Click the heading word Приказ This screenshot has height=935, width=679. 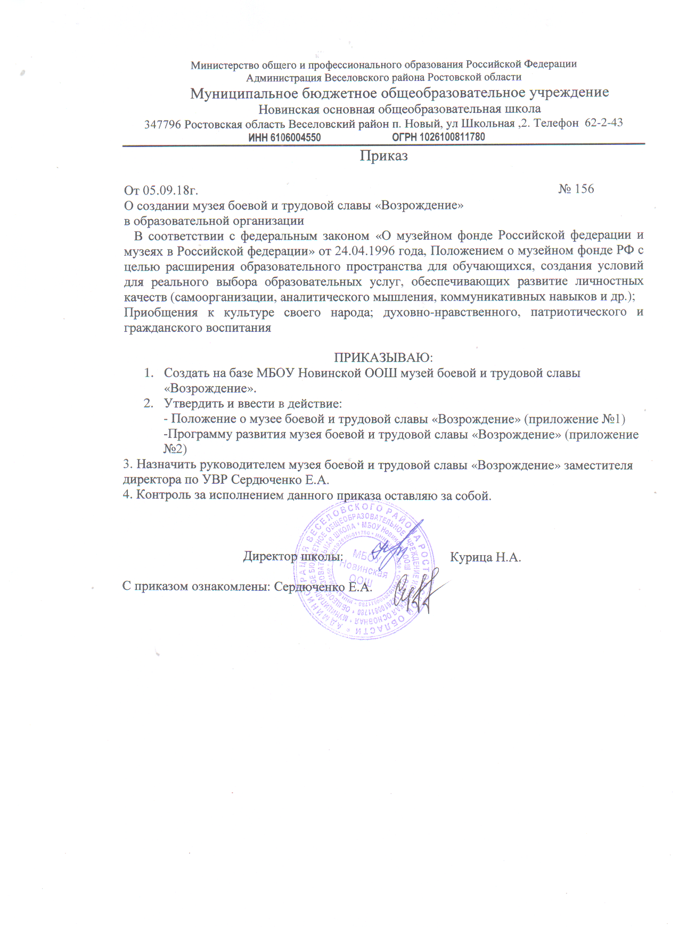383,156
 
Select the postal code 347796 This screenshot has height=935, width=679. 162,125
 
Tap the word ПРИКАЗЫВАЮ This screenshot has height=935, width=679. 383,357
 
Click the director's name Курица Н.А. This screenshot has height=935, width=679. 485,557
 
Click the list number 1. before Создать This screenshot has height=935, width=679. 149,373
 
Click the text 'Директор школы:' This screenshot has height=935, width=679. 292,557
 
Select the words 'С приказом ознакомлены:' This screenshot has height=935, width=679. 197,587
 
